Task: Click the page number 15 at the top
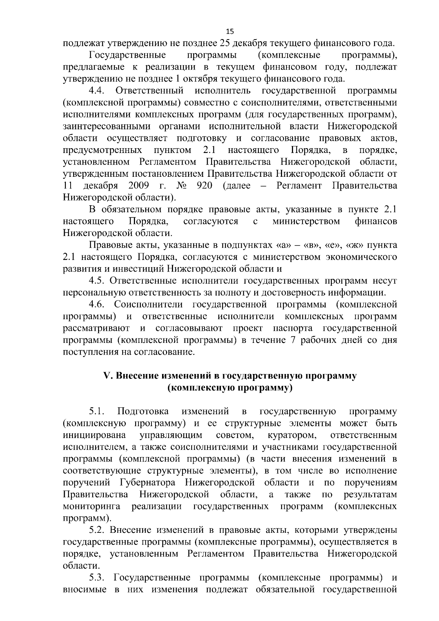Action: tap(229, 31)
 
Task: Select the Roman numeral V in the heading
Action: tap(107, 376)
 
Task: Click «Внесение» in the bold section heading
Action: tap(136, 376)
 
